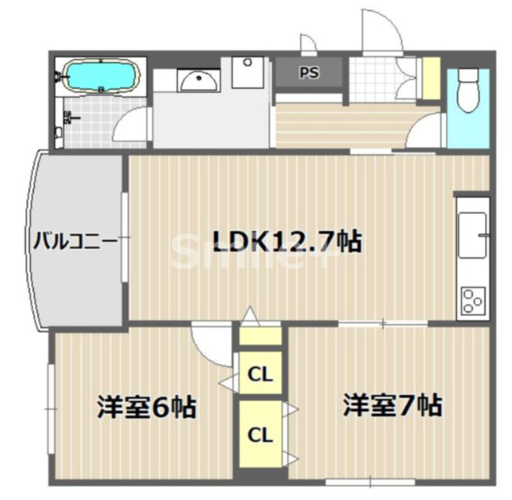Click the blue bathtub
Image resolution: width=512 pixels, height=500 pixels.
(x=101, y=75)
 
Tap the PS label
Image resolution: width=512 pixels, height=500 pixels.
(x=310, y=72)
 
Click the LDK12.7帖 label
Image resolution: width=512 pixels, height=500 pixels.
(x=287, y=243)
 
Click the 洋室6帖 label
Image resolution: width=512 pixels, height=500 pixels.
(x=147, y=408)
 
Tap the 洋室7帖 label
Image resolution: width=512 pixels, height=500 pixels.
(x=392, y=406)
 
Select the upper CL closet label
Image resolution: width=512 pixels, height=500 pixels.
(x=261, y=374)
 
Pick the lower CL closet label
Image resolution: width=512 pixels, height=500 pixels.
(x=261, y=434)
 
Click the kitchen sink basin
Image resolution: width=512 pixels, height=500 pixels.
(x=473, y=235)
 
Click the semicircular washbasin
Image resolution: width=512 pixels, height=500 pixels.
(x=199, y=82)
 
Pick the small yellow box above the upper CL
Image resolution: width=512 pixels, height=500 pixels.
(x=260, y=335)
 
